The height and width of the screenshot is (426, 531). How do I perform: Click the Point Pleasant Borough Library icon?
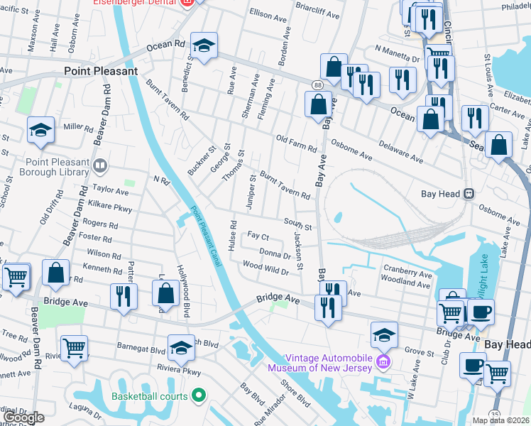click(x=100, y=167)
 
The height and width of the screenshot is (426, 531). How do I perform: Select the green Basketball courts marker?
click(x=198, y=395)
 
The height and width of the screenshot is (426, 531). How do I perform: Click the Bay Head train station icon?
click(x=469, y=194)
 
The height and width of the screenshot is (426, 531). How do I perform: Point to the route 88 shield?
click(x=315, y=84)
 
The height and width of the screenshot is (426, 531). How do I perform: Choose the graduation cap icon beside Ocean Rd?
click(x=204, y=47)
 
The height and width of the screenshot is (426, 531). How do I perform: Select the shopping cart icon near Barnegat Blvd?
click(x=74, y=348)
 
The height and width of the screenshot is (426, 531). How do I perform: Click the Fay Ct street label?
click(x=258, y=236)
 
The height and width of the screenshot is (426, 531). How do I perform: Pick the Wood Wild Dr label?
click(x=265, y=270)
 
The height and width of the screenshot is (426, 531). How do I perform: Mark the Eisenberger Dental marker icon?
click(x=187, y=3)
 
